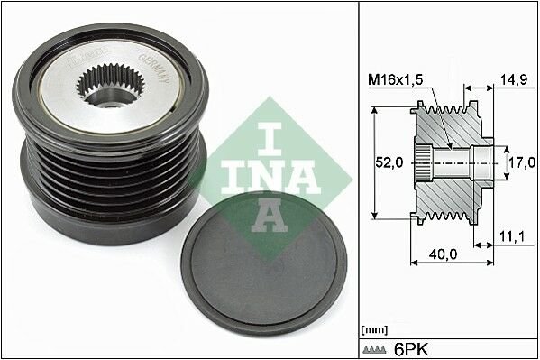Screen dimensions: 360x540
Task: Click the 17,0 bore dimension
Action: (x=517, y=163)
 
